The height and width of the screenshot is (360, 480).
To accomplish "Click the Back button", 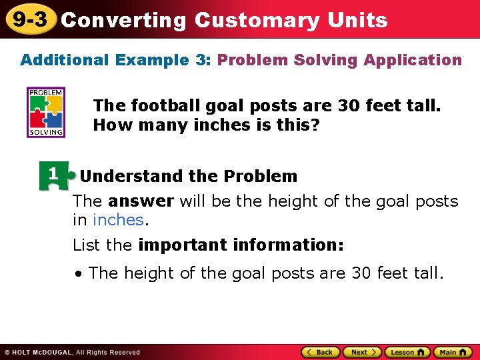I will [x=320, y=352].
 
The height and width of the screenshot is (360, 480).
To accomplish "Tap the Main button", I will [x=453, y=352].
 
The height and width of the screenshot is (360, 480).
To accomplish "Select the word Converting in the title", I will [x=123, y=20].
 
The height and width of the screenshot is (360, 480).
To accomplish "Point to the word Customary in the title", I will [x=257, y=20].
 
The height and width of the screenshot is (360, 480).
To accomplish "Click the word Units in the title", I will [x=357, y=20].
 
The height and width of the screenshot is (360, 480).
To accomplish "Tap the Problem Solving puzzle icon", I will [x=45, y=112].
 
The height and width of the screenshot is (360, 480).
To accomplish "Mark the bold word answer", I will [x=141, y=201].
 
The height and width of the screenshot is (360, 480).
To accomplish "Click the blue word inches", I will [x=118, y=220].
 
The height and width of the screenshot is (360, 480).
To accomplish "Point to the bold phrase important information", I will [x=241, y=245].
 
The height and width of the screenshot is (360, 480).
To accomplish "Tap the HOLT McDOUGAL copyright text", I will [x=72, y=352].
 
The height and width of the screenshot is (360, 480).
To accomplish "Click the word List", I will [x=86, y=245].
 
